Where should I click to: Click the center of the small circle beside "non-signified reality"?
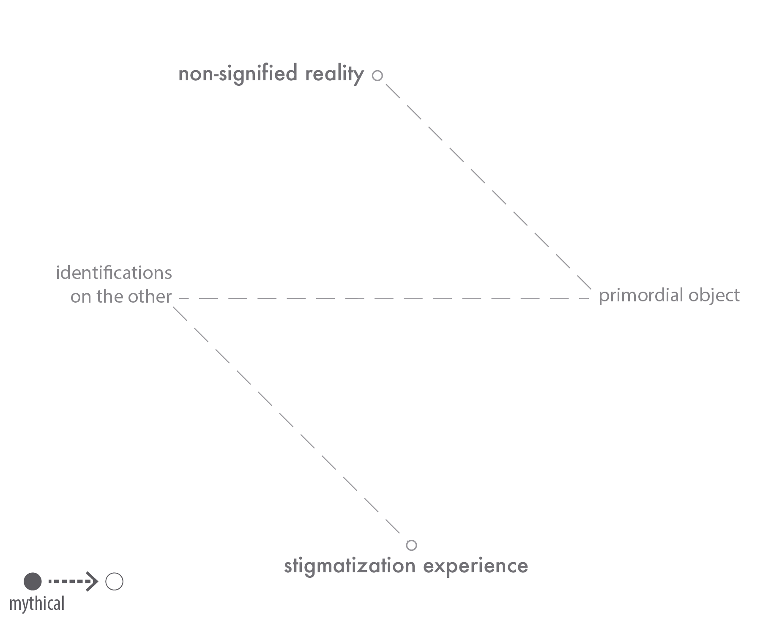tap(377, 76)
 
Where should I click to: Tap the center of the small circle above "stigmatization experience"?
tap(411, 545)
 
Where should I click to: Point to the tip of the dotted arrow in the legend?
tap(98, 582)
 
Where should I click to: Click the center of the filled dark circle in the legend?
tap(33, 582)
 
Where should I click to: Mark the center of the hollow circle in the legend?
tap(114, 582)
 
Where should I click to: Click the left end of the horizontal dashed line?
tap(179, 298)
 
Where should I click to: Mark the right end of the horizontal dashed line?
tap(589, 298)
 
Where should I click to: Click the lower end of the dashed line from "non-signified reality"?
tap(591, 289)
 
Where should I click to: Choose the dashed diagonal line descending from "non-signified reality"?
tap(488, 186)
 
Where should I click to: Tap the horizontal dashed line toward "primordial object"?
tap(384, 298)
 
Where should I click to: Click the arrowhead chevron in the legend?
tap(92, 582)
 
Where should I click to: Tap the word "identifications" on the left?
tap(114, 273)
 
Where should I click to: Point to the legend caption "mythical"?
tap(37, 604)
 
